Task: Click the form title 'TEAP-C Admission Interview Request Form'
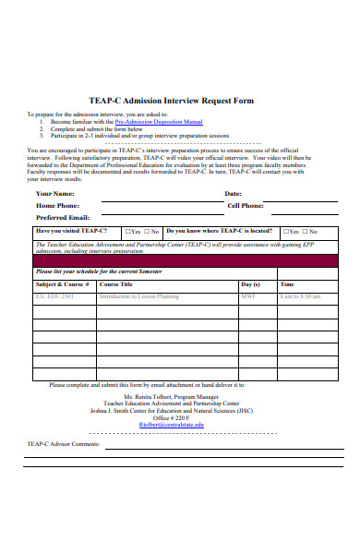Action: [179, 101]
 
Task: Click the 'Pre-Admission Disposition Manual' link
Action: [158, 121]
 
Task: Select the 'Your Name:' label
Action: [54, 193]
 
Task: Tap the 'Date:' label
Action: [233, 193]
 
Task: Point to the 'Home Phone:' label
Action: [56, 205]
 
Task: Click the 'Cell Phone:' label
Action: [246, 205]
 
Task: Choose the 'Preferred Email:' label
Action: [62, 217]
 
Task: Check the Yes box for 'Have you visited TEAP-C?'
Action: [125, 231]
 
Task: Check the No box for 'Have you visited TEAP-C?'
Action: [147, 231]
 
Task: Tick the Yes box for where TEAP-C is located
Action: [284, 231]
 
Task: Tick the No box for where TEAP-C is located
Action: [306, 231]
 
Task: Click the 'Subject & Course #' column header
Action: [62, 284]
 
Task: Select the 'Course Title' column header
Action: [115, 284]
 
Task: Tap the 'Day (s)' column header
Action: [250, 284]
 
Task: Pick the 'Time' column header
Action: [287, 284]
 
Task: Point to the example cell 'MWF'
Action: [247, 297]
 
